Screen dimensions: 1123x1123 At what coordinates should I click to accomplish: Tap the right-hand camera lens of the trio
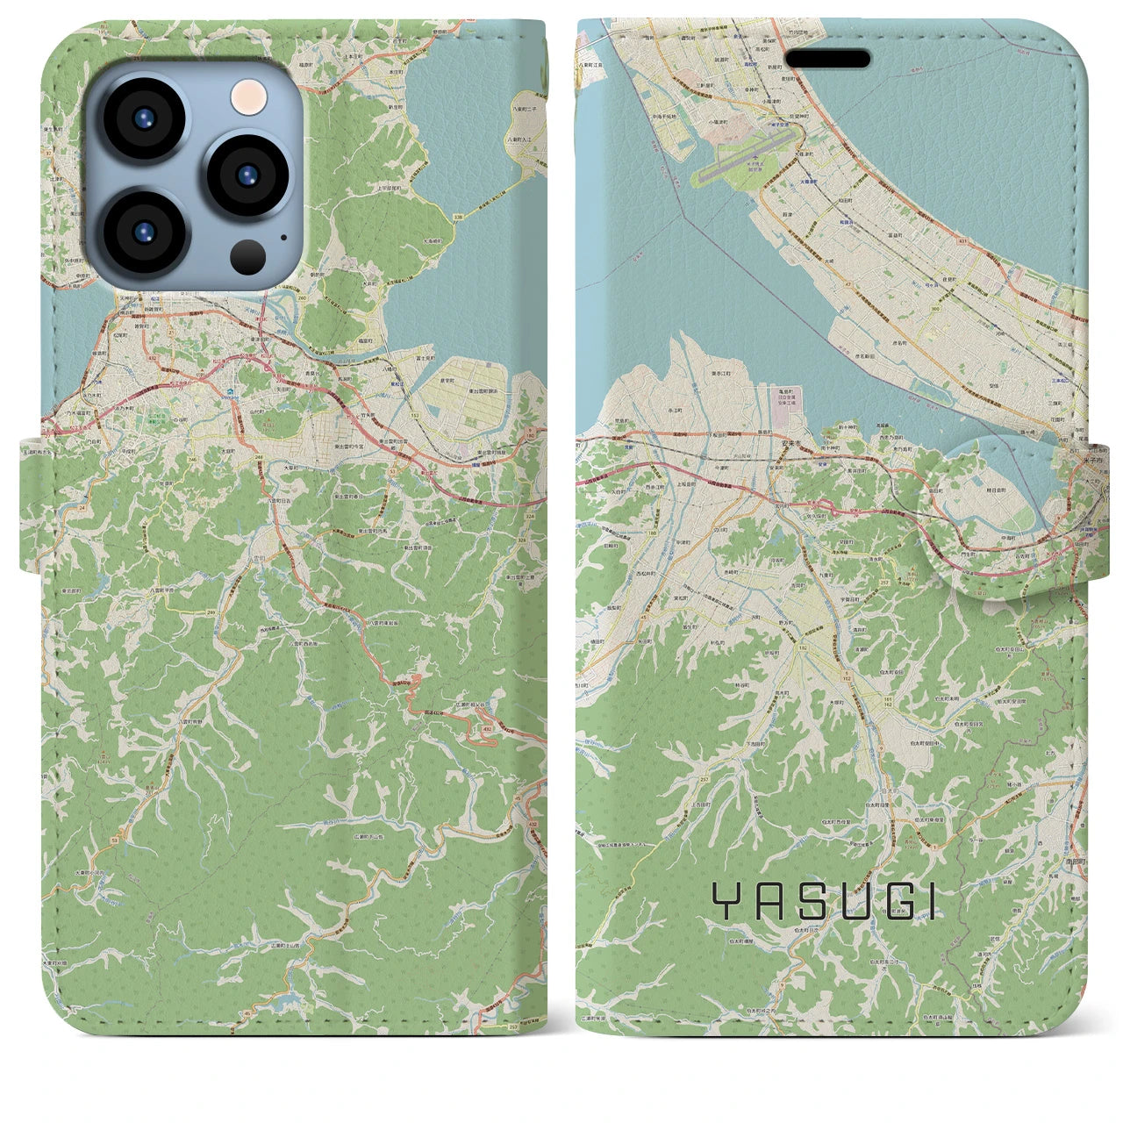[x=247, y=171]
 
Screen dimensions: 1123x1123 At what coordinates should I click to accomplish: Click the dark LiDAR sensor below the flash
[x=248, y=256]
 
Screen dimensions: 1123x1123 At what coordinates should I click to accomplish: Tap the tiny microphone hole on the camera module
[x=283, y=236]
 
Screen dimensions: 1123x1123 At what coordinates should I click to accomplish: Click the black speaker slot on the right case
[x=827, y=59]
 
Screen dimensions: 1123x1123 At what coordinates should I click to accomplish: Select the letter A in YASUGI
[x=769, y=900]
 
